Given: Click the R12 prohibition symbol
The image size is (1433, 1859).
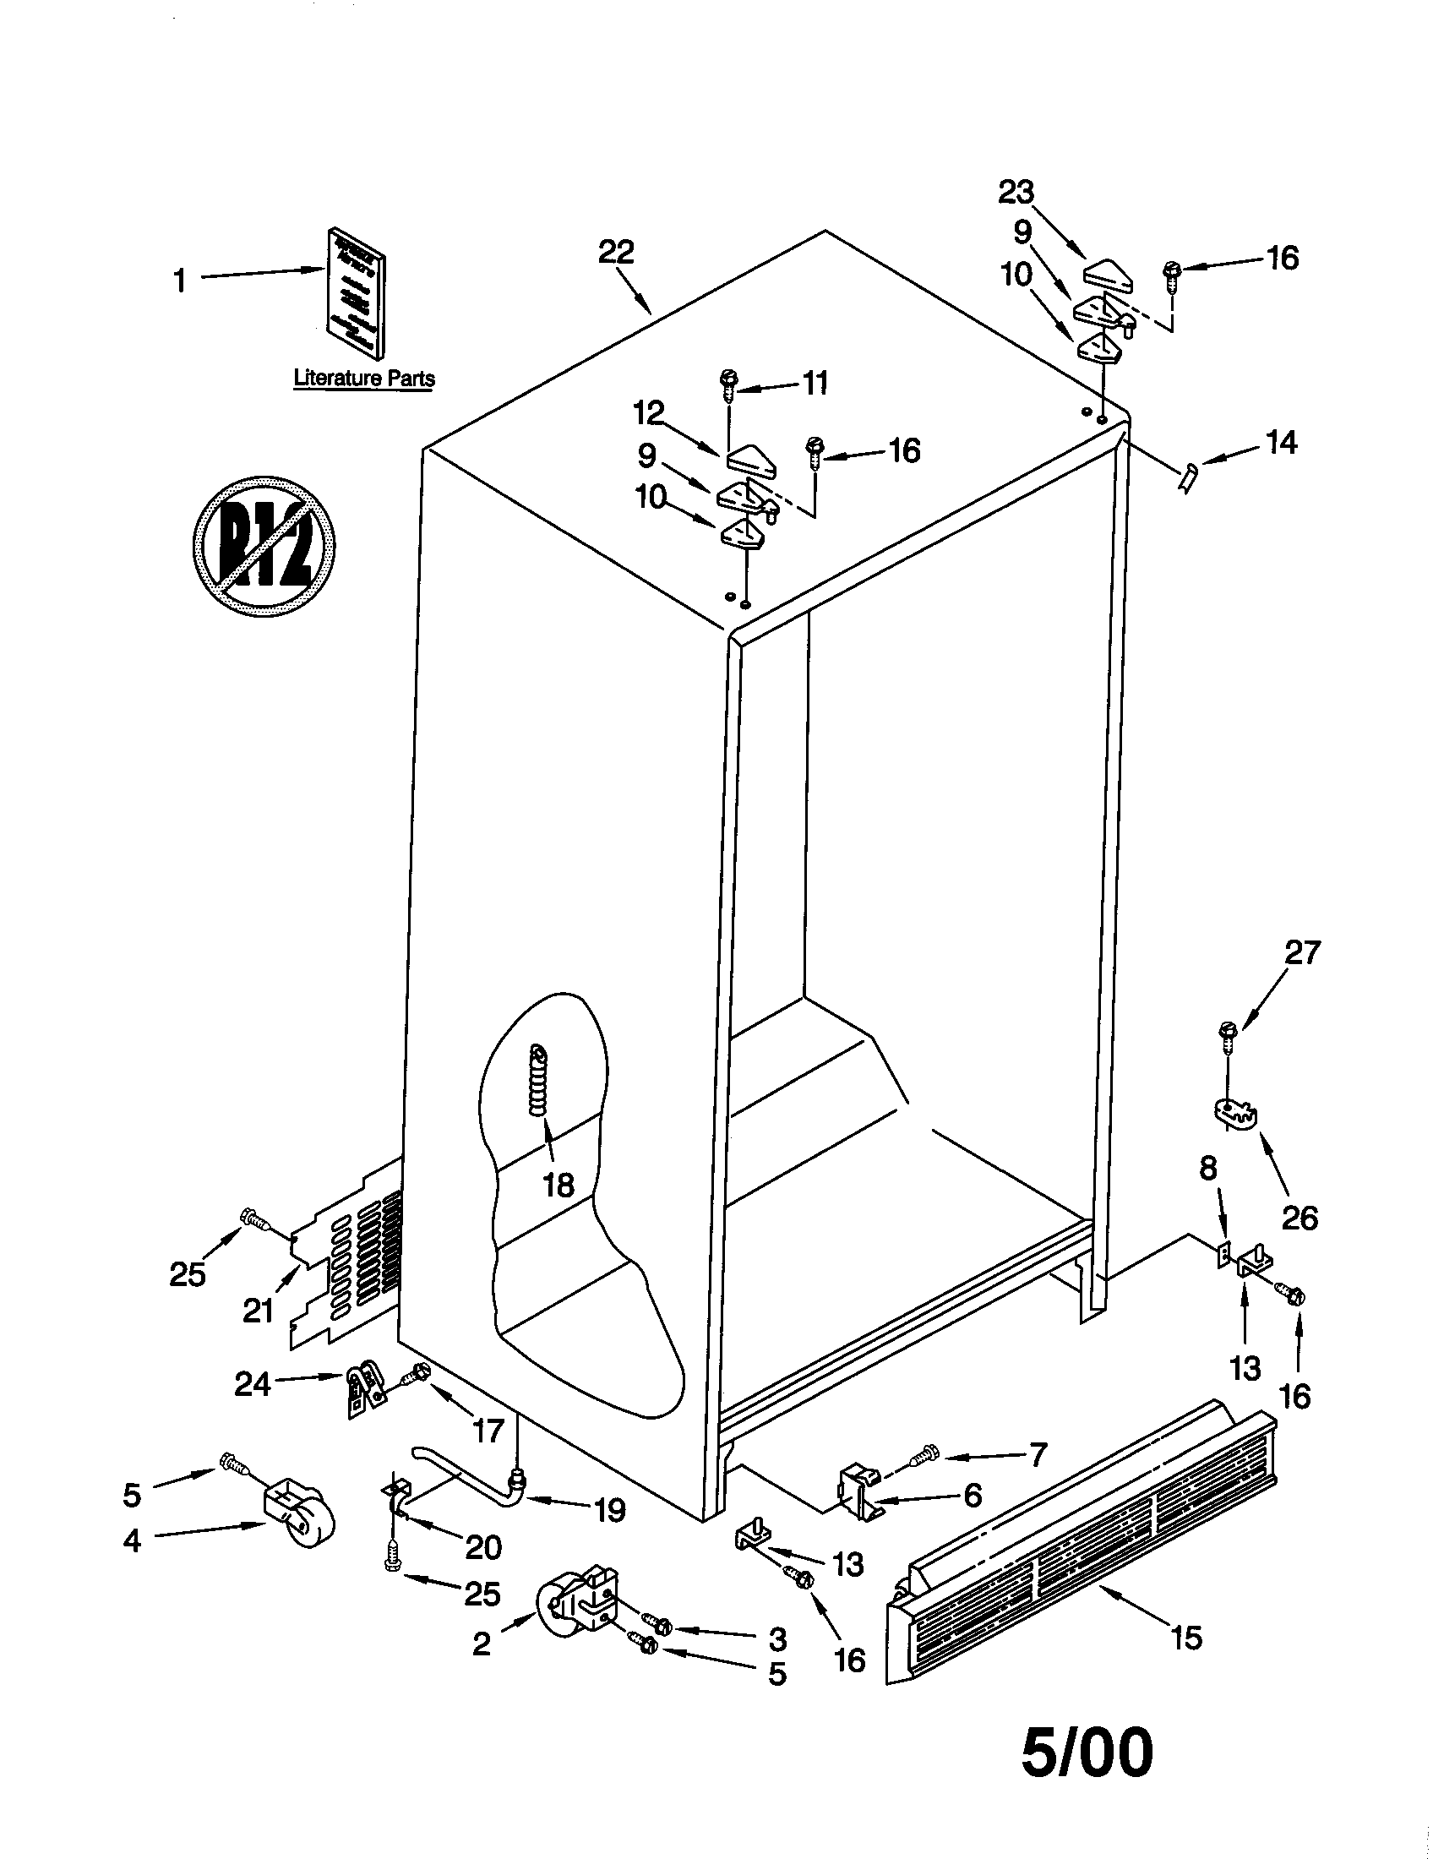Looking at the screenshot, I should point(264,546).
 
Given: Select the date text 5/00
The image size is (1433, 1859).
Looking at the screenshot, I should point(1087,1753).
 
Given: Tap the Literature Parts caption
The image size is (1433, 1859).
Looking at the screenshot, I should point(363,379).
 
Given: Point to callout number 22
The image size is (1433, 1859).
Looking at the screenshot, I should point(616,253).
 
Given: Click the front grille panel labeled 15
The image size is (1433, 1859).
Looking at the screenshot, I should point(1081,1558).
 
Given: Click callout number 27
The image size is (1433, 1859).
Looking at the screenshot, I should point(1302,951).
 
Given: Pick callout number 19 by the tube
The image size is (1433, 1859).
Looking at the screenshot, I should point(610,1510).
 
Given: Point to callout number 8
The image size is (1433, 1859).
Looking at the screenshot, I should point(1208,1170).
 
